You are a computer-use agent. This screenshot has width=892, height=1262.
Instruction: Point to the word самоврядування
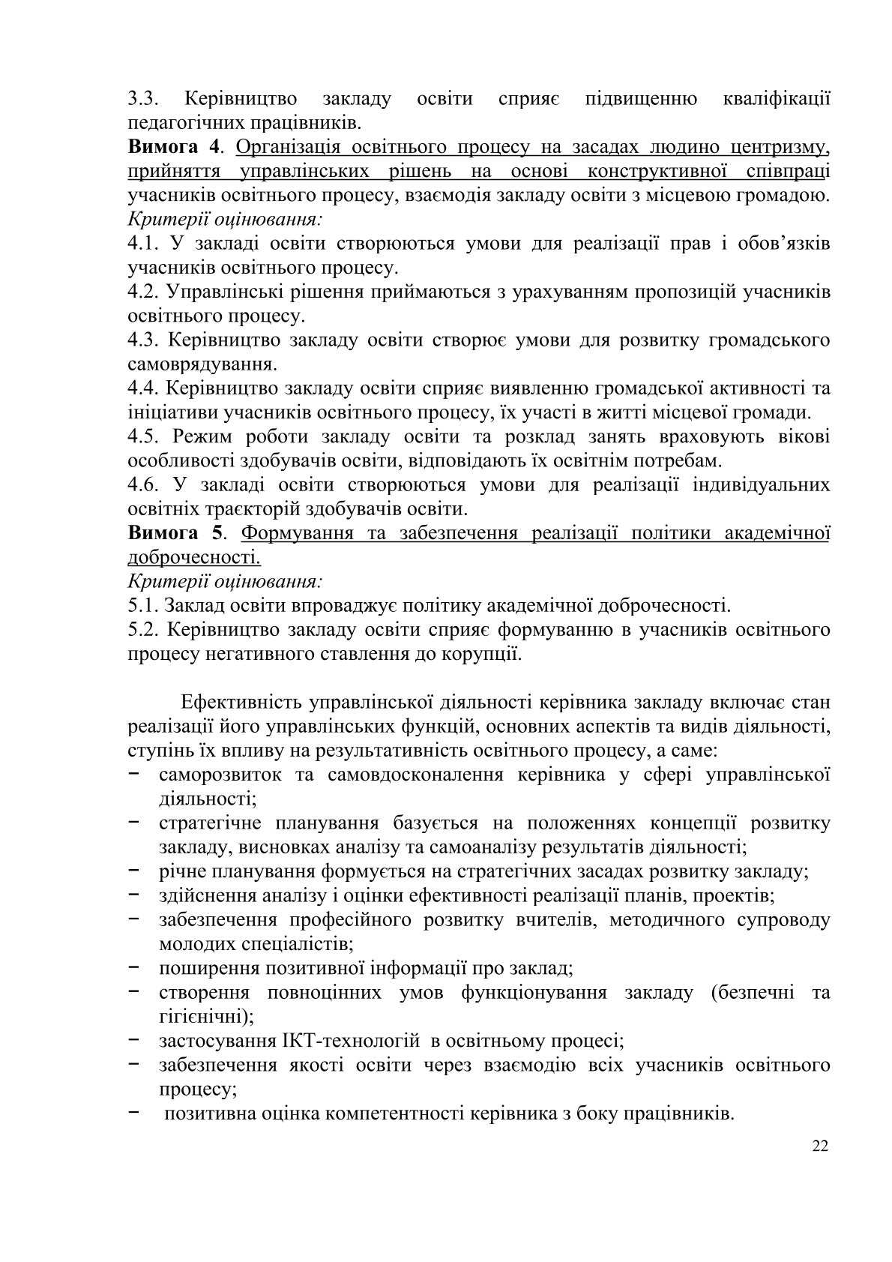click(200, 365)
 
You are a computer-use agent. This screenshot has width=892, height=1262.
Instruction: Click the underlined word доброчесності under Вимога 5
click(194, 557)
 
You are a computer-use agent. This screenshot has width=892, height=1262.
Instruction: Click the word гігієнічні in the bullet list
click(204, 1017)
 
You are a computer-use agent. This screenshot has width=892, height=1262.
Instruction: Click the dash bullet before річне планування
click(134, 871)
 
